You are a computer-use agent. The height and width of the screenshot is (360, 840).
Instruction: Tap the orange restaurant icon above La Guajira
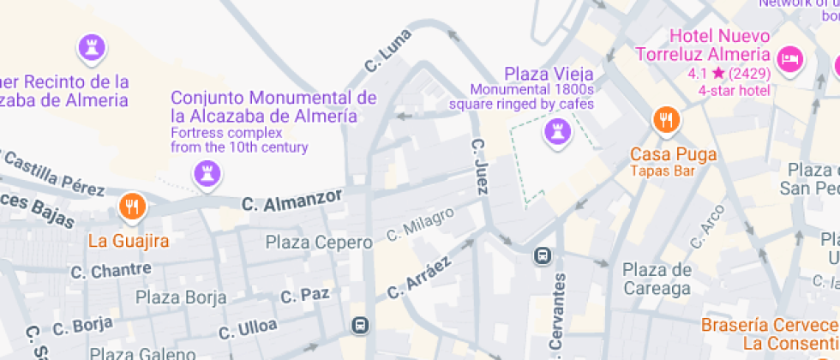click(132, 207)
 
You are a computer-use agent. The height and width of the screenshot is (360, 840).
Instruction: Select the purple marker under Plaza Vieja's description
click(557, 132)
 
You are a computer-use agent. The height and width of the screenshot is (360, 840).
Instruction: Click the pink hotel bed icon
click(789, 59)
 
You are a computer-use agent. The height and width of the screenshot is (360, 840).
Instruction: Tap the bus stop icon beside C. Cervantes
click(543, 255)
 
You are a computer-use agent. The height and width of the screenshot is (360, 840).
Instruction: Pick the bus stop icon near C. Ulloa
click(360, 325)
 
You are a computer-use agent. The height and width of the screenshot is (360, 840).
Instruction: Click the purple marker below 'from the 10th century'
click(207, 173)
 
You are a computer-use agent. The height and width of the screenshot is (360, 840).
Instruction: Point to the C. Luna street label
click(387, 51)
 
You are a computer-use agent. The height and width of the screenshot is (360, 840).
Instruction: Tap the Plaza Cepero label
click(319, 243)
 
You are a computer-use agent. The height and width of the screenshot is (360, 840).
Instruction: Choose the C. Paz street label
click(305, 296)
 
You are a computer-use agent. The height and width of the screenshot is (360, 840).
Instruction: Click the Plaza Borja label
click(182, 298)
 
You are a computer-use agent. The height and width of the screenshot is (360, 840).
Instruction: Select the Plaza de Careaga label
click(657, 279)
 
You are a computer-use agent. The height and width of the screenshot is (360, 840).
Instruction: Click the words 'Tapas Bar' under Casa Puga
click(662, 171)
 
